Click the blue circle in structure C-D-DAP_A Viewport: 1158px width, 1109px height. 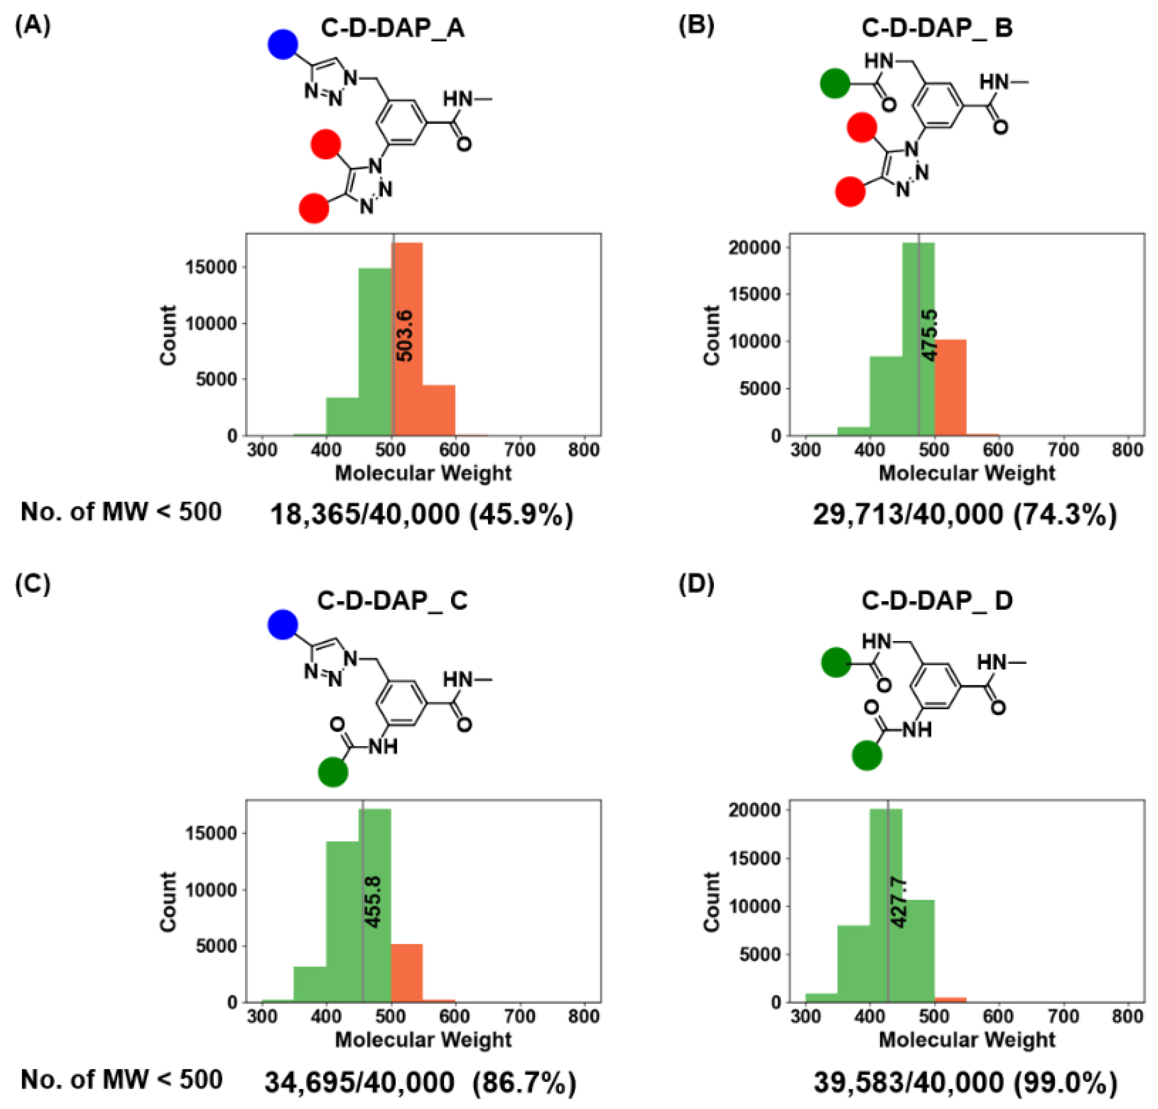(x=283, y=44)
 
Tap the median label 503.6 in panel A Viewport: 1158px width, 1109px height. (x=405, y=336)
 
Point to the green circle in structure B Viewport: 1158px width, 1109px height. (x=835, y=83)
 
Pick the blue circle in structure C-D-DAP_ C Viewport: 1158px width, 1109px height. (x=283, y=624)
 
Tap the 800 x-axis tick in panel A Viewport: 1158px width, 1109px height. (x=583, y=450)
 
